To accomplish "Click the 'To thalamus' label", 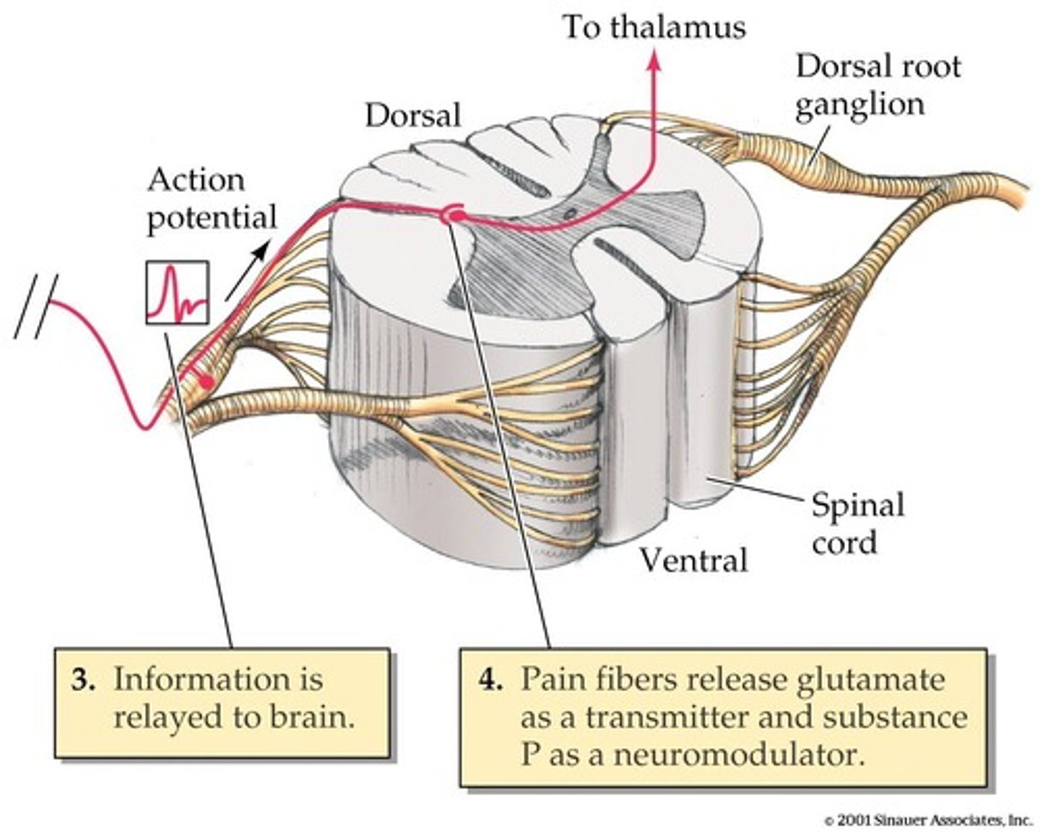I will [x=654, y=27].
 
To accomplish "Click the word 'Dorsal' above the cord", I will [x=412, y=116].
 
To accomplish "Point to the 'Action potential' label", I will [x=212, y=199].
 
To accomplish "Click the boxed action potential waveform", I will [x=178, y=292].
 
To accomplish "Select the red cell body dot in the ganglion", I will [x=207, y=382].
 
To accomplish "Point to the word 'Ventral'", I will [x=694, y=560].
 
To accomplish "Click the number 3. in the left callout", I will [x=83, y=680].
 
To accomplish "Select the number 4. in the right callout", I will [x=490, y=680].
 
